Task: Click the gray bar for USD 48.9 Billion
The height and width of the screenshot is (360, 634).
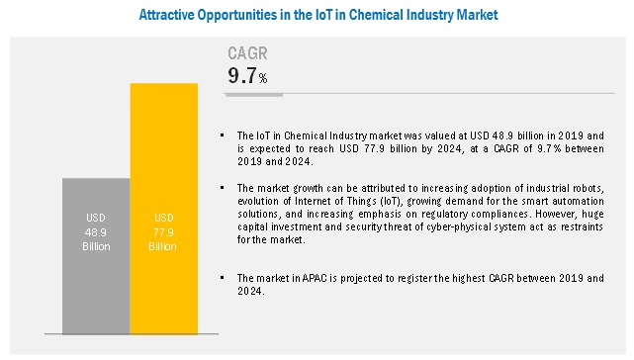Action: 96,256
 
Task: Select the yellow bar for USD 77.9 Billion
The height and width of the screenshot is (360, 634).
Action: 164,209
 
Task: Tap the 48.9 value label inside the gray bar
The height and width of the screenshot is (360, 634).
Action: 95,232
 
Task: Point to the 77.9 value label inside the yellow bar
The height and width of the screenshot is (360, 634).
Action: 163,232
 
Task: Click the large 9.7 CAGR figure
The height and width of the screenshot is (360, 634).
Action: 242,75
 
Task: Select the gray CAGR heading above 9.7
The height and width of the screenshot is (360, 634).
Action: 247,53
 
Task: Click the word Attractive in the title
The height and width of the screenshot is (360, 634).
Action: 166,15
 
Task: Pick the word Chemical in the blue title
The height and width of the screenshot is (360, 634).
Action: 371,15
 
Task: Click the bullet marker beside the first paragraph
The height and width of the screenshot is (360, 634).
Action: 222,135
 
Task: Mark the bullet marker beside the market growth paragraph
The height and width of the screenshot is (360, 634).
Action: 222,188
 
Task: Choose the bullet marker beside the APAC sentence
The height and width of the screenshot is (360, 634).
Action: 222,278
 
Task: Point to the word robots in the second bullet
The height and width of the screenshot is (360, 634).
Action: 589,188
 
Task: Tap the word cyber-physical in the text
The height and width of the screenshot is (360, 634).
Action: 456,226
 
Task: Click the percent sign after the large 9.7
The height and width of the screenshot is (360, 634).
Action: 263,78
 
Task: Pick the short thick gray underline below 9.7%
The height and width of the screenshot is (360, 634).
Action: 254,95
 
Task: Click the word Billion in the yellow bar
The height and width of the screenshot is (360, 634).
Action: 162,246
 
